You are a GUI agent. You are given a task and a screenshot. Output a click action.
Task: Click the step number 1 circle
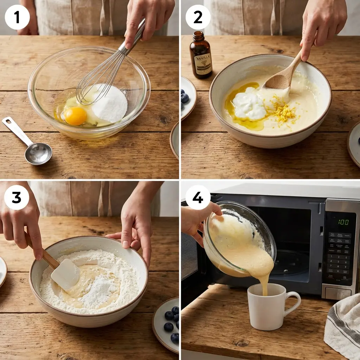17,17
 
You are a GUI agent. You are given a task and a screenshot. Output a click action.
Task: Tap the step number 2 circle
198,17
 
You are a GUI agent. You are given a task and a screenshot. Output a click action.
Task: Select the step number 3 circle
17,197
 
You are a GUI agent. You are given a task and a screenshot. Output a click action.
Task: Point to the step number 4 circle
198,197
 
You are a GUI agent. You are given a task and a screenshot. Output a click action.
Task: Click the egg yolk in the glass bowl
75,116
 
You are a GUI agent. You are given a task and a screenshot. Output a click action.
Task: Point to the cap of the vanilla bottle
199,36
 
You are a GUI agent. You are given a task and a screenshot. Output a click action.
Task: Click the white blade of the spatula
66,274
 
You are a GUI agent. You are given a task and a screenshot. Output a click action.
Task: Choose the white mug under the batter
266,308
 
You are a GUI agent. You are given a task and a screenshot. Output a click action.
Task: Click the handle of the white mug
293,303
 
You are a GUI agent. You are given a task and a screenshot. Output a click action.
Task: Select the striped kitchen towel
343,327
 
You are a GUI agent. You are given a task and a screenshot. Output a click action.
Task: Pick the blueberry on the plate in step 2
185,98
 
